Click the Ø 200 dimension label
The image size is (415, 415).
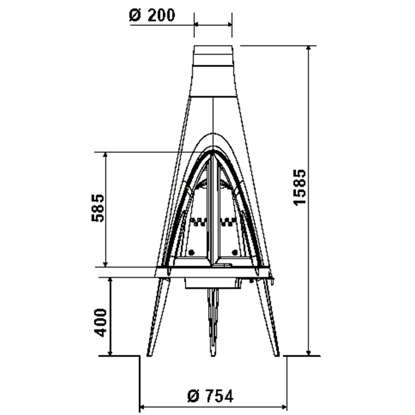coord(151,15)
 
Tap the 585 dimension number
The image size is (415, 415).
coord(98,208)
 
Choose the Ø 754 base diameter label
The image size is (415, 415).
coord(210,396)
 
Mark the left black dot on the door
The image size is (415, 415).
coord(191,253)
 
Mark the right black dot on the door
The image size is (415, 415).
coord(236,253)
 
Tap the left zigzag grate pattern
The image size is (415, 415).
coord(199,223)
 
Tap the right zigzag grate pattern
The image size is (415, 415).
coord(228,223)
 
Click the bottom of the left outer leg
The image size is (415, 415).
coord(151,354)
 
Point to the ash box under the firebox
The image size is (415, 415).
coord(213,283)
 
